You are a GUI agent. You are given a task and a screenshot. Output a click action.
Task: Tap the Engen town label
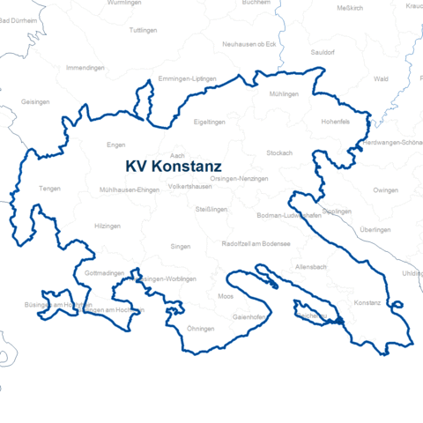(x=115, y=145)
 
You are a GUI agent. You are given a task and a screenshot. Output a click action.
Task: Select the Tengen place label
(x=49, y=188)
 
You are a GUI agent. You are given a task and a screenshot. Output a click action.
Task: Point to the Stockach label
(x=278, y=152)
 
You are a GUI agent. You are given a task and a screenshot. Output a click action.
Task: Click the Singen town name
(x=180, y=247)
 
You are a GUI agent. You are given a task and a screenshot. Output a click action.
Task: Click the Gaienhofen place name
(x=249, y=315)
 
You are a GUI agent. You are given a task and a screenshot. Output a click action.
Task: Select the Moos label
(x=226, y=296)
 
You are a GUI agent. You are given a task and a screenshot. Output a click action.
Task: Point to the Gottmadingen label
(x=105, y=274)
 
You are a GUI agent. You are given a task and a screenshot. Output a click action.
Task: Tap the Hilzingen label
(x=107, y=226)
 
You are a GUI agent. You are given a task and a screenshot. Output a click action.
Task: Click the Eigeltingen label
(x=209, y=122)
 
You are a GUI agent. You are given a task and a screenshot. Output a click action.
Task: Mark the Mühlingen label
(x=285, y=93)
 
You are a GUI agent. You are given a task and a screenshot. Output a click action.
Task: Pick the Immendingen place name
(x=85, y=67)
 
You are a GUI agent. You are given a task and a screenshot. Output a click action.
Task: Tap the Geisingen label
(x=35, y=101)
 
